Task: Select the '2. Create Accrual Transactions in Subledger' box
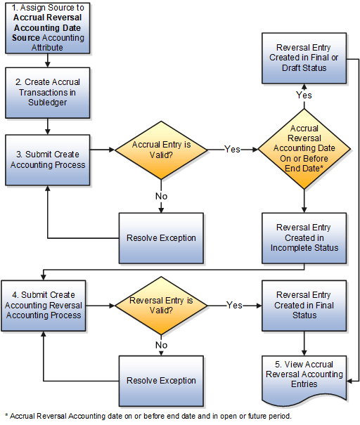point(46,92)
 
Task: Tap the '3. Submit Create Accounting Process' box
point(46,159)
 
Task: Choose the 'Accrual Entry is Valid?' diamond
point(161,149)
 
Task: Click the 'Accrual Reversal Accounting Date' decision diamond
point(304,149)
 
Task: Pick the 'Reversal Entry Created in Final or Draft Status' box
point(304,58)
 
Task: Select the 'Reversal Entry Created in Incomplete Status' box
point(304,237)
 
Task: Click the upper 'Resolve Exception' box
point(161,237)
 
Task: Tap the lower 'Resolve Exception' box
point(161,380)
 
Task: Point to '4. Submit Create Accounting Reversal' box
point(46,306)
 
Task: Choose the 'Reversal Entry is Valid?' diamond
point(161,306)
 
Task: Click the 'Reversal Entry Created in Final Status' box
point(304,306)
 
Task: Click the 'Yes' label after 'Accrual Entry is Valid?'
point(232,149)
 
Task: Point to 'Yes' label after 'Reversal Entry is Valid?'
point(235,306)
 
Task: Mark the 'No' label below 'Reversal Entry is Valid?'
point(161,345)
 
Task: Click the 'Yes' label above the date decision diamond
point(304,94)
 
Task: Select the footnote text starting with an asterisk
point(147,416)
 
